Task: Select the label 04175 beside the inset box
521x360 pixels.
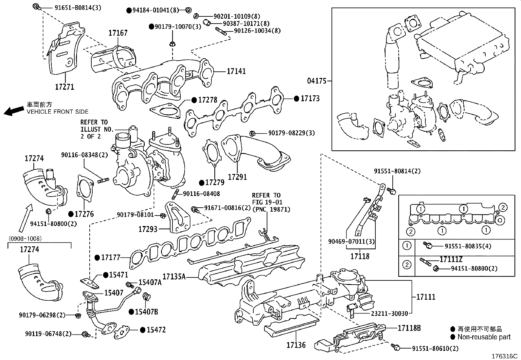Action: pyautogui.click(x=317, y=81)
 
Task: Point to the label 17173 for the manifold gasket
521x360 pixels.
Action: pyautogui.click(x=310, y=98)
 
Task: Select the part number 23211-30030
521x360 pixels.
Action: pyautogui.click(x=389, y=313)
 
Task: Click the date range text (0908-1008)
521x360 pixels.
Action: pyautogui.click(x=25, y=238)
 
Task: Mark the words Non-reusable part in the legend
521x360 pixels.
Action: pyautogui.click(x=484, y=337)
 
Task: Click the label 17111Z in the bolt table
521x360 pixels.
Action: pyautogui.click(x=451, y=260)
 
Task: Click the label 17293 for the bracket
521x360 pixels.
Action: pyautogui.click(x=148, y=229)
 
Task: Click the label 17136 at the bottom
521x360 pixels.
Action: pyautogui.click(x=296, y=345)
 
